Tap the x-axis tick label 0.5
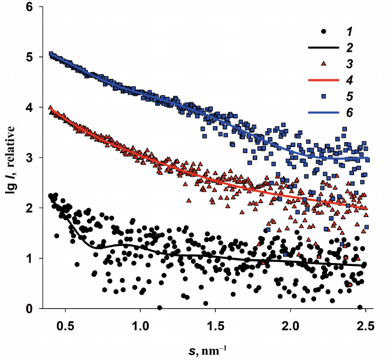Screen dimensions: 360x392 point(66,325)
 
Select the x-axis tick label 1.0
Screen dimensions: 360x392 point(140,325)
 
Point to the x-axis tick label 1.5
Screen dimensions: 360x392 point(215,325)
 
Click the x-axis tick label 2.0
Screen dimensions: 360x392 point(290,325)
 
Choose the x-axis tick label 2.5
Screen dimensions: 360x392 point(365,325)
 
